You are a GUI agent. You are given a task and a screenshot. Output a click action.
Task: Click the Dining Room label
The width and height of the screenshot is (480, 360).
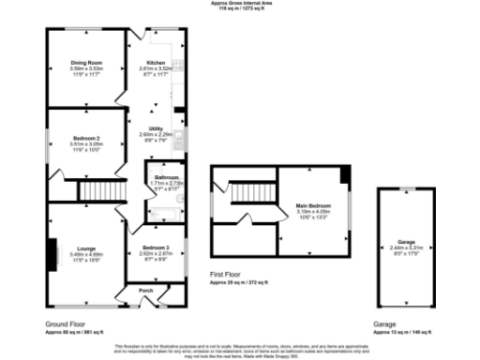point(84,62)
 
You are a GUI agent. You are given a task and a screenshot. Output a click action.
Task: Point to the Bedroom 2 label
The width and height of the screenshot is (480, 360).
point(85,139)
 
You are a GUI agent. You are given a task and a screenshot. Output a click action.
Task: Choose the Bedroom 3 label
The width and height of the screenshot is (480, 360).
point(154,247)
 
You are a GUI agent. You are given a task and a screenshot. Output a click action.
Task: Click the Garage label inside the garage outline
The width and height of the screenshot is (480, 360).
point(406,241)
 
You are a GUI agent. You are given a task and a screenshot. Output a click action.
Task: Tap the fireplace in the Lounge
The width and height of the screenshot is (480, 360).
point(52,252)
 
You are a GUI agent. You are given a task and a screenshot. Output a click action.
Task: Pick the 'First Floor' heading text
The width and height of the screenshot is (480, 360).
point(228,274)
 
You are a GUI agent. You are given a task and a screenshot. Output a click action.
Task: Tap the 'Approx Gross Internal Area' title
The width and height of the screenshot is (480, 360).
point(239,3)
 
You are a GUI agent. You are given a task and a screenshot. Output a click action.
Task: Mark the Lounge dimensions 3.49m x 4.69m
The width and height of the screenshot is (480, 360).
point(85,254)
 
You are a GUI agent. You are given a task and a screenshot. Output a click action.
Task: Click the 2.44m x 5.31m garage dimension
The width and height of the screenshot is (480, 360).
point(406,247)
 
